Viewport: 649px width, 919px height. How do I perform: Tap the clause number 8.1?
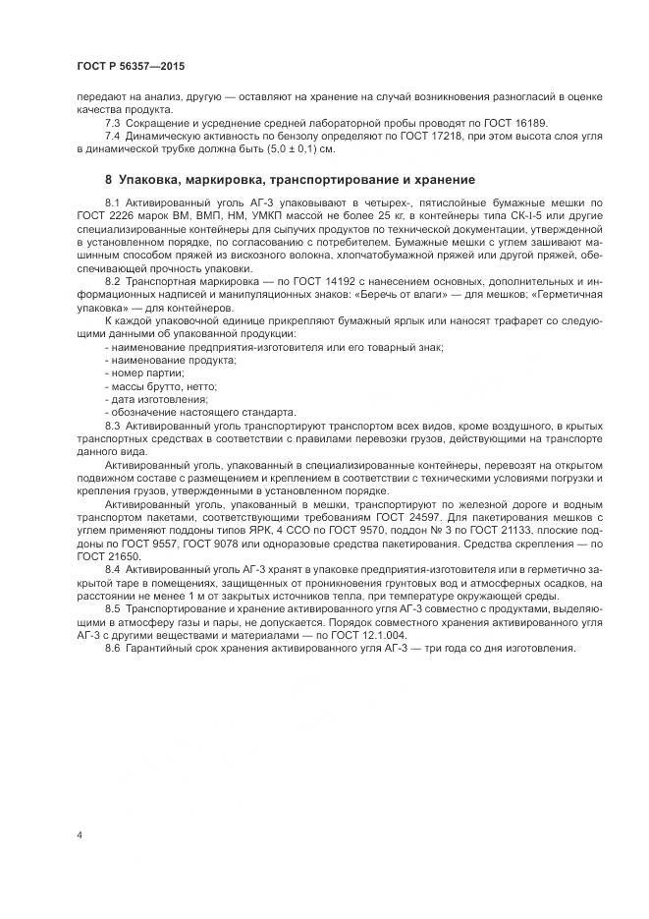click(112, 201)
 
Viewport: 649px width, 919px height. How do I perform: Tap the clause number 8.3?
click(112, 425)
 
